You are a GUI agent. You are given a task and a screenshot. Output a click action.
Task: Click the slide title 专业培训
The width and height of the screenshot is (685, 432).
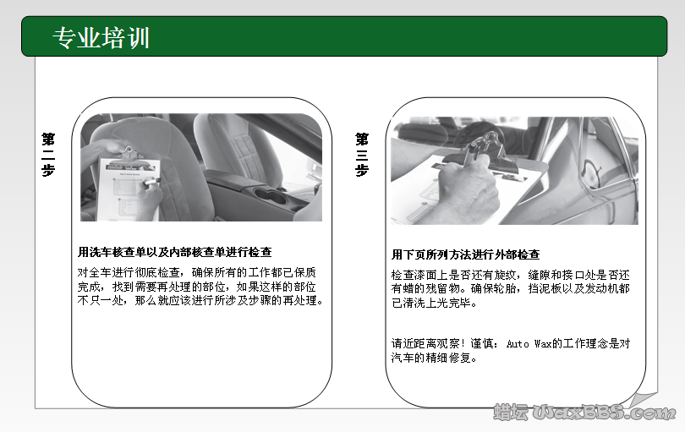point(101,38)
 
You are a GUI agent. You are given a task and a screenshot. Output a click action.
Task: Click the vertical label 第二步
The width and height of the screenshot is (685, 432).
point(48,153)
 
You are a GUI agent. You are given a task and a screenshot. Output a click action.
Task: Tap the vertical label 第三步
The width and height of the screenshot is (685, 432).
point(362,153)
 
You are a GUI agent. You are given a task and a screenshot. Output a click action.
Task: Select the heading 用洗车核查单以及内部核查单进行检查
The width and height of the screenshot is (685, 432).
point(174,252)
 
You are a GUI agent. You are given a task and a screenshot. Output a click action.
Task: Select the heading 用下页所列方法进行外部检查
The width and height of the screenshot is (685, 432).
point(465,254)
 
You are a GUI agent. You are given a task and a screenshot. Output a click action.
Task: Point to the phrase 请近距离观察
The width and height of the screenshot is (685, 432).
point(426,344)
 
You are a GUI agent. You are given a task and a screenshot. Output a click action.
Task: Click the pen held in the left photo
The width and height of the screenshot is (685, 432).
point(151,182)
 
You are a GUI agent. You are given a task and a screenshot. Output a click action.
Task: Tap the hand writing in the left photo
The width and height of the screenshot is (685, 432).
point(147,199)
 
